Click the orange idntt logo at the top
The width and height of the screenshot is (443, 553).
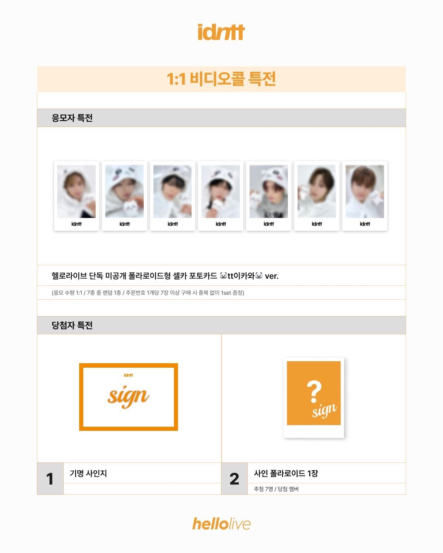tap(221, 32)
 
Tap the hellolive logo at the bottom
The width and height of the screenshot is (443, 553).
tap(221, 524)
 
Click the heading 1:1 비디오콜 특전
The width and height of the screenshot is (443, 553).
tap(221, 79)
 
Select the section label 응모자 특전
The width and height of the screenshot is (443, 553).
tap(72, 118)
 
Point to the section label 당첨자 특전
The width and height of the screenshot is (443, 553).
tap(72, 325)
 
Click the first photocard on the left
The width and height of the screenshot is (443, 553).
tap(76, 196)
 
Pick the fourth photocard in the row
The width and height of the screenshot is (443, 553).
tap(221, 196)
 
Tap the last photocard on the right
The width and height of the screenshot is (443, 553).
tap(365, 196)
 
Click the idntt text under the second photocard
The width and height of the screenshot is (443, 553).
tap(124, 224)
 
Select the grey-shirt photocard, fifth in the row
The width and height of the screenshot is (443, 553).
tap(269, 196)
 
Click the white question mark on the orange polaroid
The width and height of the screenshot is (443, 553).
tap(314, 391)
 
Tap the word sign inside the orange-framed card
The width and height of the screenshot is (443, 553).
tap(128, 396)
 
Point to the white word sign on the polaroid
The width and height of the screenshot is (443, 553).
tap(324, 410)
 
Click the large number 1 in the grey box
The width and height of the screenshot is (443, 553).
tap(50, 479)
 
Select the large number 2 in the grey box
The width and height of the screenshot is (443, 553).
tap(234, 479)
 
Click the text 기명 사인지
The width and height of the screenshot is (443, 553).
tap(88, 473)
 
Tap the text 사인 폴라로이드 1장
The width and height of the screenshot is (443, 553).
tap(286, 473)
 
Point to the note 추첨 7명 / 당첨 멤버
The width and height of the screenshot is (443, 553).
tap(276, 489)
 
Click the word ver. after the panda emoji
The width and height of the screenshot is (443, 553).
tap(272, 276)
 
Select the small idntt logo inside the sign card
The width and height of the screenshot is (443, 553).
tap(128, 375)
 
